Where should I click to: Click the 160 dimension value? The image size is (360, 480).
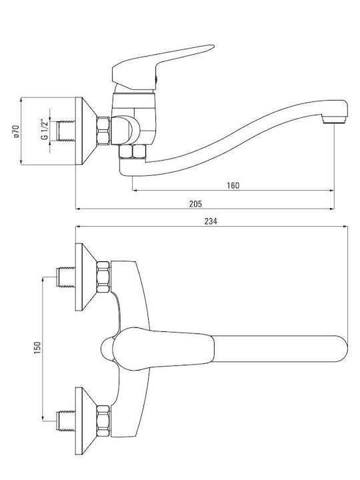(233, 185)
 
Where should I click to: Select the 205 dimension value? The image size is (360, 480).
(195, 204)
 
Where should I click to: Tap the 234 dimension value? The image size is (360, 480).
(211, 221)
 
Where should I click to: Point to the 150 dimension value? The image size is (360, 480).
(37, 348)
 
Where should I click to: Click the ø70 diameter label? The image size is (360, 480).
(17, 131)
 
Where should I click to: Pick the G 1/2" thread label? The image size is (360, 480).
(45, 129)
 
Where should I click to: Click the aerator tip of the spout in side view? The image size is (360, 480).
(335, 119)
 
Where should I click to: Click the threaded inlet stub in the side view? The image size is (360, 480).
(67, 131)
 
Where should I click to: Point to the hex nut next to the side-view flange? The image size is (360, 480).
(103, 131)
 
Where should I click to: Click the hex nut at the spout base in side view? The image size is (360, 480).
(132, 151)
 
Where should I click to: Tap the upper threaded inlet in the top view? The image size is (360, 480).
(66, 277)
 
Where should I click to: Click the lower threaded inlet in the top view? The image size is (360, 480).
(66, 421)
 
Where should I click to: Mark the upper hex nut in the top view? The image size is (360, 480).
(103, 277)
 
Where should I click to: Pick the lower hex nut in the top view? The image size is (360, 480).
(103, 421)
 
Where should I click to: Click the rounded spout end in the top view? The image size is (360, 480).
(341, 349)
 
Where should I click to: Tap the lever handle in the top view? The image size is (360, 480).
(162, 349)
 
